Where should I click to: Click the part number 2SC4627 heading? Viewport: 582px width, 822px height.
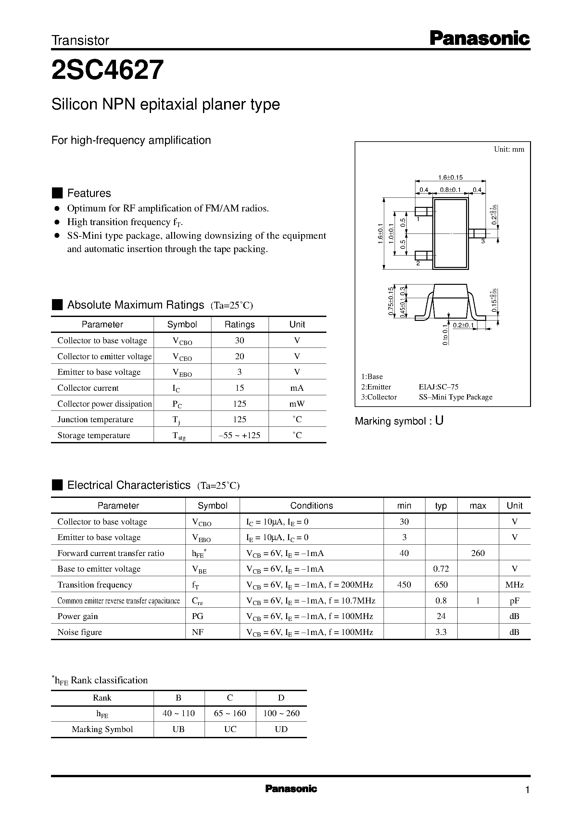coord(108,70)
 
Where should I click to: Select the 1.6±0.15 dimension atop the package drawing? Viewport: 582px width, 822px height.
coord(450,177)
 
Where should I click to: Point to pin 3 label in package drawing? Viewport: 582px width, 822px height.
coord(483,242)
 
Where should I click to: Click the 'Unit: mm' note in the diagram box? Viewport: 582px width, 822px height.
coord(509,149)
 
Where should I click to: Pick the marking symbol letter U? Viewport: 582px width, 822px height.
coord(439,421)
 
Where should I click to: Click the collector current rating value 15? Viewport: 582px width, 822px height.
coord(239,388)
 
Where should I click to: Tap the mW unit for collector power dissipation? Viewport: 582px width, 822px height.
coord(297,404)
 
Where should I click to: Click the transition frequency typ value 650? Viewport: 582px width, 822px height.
coord(441,585)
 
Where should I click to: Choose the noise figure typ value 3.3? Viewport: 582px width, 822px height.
coord(441,632)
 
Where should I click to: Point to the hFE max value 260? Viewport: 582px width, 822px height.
coord(478,553)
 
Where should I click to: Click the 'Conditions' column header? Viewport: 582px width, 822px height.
coord(311,506)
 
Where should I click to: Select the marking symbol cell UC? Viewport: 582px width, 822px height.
coord(230,729)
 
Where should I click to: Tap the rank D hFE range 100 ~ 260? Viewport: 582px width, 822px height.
coord(281,714)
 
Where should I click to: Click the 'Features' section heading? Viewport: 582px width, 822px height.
coord(89,193)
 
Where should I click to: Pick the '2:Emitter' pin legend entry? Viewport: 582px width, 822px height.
coord(376,387)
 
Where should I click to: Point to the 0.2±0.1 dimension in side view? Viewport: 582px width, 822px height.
coord(463,325)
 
